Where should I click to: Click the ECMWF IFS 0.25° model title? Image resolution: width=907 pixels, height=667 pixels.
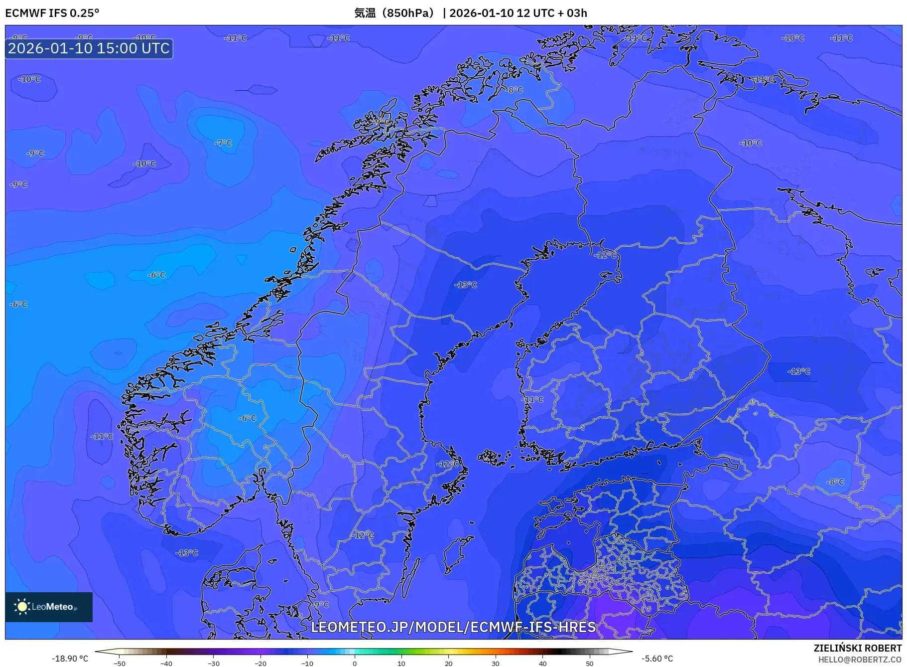[x=52, y=13]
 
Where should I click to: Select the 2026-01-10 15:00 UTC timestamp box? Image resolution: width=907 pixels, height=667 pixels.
[x=89, y=48]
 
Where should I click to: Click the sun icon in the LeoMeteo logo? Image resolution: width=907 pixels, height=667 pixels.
[x=22, y=606]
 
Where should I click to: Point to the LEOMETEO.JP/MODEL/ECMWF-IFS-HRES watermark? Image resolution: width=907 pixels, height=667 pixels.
[x=453, y=627]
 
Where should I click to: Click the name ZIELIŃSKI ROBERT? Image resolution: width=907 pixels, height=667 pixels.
[x=857, y=648]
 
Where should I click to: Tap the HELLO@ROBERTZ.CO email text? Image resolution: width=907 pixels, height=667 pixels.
[x=860, y=659]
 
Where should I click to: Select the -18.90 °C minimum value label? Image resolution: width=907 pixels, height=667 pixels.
[x=70, y=659]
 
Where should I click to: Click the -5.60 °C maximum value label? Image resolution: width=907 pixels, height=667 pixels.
[x=657, y=659]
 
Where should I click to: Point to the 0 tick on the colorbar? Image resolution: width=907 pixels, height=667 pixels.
[x=354, y=663]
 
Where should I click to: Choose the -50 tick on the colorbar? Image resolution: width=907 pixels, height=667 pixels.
[x=120, y=663]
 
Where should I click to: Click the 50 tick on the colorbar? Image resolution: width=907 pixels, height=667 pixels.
[x=589, y=663]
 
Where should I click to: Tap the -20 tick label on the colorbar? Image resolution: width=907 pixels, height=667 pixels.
[x=260, y=663]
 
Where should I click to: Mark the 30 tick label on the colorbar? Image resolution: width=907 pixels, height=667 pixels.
[x=495, y=663]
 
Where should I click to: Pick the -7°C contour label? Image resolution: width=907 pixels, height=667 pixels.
[x=223, y=143]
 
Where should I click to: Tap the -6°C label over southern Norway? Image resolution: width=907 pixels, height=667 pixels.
[x=247, y=418]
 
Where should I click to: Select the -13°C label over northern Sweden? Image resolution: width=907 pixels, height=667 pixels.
[x=466, y=285]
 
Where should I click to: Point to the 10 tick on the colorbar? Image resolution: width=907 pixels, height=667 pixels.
[x=401, y=663]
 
